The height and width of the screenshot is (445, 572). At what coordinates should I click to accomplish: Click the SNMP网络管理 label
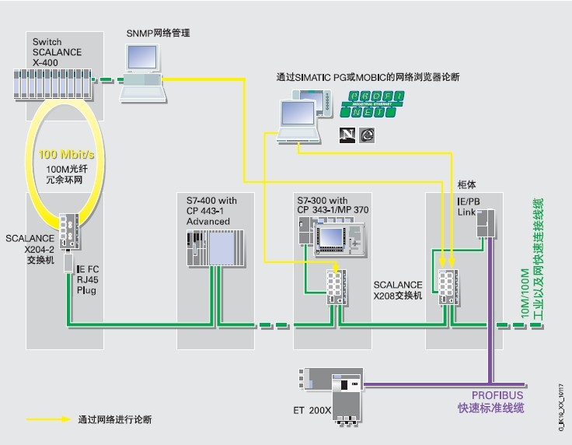click(159, 33)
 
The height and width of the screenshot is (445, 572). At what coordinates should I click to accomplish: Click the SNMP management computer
click(143, 70)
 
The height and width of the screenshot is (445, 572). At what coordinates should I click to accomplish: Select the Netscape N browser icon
click(346, 134)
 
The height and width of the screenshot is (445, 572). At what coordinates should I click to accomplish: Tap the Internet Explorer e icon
click(365, 134)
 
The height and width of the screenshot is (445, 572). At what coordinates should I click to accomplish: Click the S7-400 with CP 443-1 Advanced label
click(212, 211)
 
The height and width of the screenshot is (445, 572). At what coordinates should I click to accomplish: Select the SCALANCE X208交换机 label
click(397, 290)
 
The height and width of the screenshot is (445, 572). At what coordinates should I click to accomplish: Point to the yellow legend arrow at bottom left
click(47, 419)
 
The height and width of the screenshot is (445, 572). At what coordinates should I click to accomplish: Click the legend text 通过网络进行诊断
click(114, 419)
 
